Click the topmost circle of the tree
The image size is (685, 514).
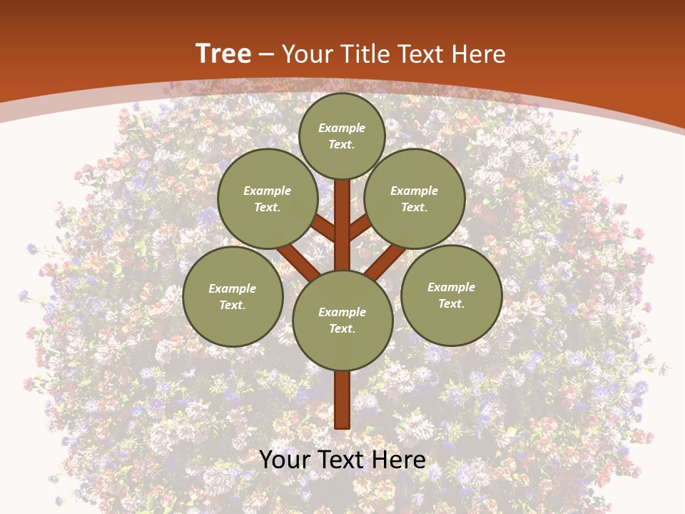click(x=342, y=136)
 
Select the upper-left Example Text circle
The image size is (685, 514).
click(x=268, y=198)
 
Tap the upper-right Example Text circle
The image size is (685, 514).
click(x=415, y=198)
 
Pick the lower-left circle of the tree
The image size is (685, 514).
click(x=233, y=296)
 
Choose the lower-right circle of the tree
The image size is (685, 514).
click(x=451, y=295)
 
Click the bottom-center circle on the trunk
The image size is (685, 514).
click(x=342, y=321)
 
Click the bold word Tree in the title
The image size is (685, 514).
click(x=223, y=54)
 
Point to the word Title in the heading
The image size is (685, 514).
click(x=365, y=54)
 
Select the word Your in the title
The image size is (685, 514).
click(x=305, y=54)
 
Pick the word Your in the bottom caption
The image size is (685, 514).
click(x=285, y=459)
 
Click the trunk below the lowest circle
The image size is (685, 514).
click(x=342, y=400)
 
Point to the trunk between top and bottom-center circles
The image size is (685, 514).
click(x=342, y=225)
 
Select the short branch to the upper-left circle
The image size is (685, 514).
click(x=325, y=229)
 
